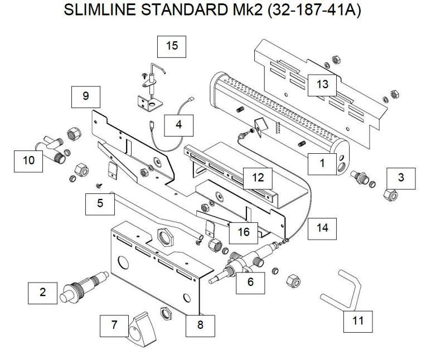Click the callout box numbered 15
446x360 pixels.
(172, 46)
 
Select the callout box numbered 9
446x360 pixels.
(86, 96)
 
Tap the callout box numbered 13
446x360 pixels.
(323, 85)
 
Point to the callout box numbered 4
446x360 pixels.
(178, 125)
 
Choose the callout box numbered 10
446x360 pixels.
(29, 161)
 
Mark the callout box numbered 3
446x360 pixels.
(401, 178)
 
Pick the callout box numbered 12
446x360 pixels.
(258, 178)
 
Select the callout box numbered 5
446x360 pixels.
(100, 203)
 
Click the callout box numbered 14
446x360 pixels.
(322, 227)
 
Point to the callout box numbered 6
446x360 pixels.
(250, 281)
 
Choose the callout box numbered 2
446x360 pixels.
(43, 293)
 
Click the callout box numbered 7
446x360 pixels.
(115, 325)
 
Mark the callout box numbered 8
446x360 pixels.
(201, 325)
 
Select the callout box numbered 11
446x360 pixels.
(358, 320)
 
